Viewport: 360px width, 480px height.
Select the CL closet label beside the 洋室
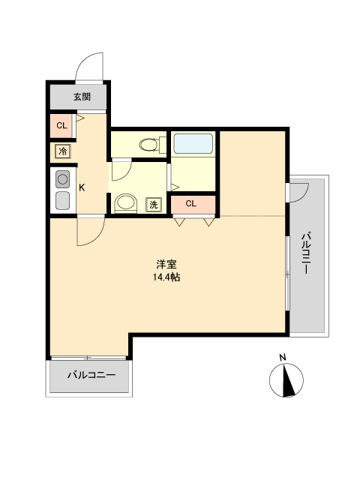pos(191,202)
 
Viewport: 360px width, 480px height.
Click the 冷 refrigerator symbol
pos(63,151)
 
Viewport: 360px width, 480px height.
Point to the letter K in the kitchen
pos(82,187)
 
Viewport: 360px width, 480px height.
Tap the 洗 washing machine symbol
pos(153,203)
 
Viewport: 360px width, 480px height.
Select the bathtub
pos(193,143)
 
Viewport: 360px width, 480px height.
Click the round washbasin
pos(125,202)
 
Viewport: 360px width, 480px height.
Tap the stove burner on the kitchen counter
pos(62,179)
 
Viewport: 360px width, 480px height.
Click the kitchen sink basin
pos(62,200)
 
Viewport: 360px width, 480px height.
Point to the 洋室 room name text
pos(166,265)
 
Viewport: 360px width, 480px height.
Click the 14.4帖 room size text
pos(166,277)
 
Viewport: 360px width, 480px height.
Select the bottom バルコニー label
pos(91,375)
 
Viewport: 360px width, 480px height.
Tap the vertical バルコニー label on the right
pos(307,255)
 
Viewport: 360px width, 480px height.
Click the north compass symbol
pos(286,380)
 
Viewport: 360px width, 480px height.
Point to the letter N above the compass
pos(282,357)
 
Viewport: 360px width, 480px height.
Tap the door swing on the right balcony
pos(298,192)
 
